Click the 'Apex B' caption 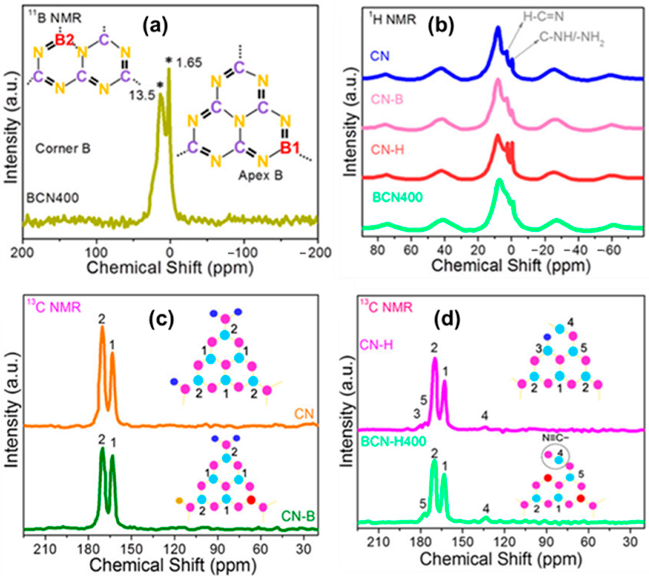pos(260,175)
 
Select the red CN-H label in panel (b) pos(388,149)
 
